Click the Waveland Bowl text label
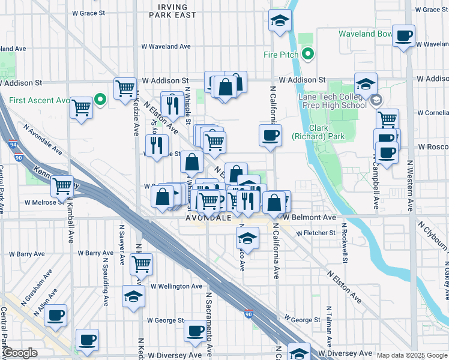click(x=365, y=34)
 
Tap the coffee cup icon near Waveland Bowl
click(x=403, y=35)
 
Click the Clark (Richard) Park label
click(x=327, y=132)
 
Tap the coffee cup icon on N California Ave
click(x=270, y=134)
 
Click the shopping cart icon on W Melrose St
click(x=61, y=186)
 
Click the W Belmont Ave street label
click(x=310, y=217)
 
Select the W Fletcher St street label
click(x=315, y=232)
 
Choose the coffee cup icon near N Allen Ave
click(x=56, y=315)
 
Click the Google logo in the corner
click(x=19, y=353)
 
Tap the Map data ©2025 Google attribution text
click(x=411, y=355)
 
